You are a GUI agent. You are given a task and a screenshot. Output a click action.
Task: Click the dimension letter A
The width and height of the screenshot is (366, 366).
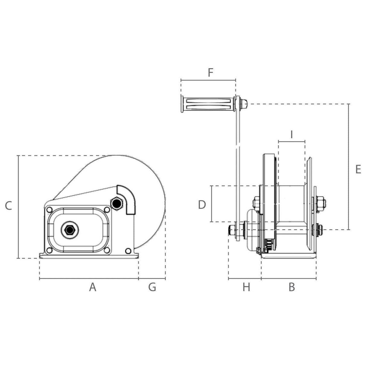point(93,287)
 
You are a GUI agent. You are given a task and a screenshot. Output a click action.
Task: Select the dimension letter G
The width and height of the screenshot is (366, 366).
point(152,287)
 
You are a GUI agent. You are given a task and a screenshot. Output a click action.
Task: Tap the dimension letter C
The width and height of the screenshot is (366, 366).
point(8,206)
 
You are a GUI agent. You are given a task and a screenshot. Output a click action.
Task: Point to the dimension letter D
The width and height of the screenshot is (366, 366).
point(202,205)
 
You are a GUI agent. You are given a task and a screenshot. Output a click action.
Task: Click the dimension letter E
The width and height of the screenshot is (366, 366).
point(358,169)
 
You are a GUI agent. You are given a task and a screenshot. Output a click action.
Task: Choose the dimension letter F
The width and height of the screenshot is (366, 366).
point(210,73)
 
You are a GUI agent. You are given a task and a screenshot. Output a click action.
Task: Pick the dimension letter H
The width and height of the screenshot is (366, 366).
point(246,287)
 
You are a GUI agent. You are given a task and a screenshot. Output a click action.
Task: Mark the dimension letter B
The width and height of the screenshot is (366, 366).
point(292,287)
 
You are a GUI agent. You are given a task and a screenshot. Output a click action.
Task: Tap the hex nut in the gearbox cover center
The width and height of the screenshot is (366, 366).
point(70,230)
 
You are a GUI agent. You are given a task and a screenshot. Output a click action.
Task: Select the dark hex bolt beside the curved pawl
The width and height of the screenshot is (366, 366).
point(116,204)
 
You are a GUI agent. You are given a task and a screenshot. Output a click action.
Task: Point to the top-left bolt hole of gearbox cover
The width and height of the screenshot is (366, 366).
point(49,210)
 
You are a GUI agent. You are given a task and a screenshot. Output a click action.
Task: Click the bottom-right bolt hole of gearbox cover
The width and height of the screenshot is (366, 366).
point(107,250)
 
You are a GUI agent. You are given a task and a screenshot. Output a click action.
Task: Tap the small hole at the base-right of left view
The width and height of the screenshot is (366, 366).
point(128,251)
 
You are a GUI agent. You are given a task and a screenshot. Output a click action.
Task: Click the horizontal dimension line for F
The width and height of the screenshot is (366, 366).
point(208,80)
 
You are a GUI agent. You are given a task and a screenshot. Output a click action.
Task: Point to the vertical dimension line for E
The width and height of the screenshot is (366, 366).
point(349,167)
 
